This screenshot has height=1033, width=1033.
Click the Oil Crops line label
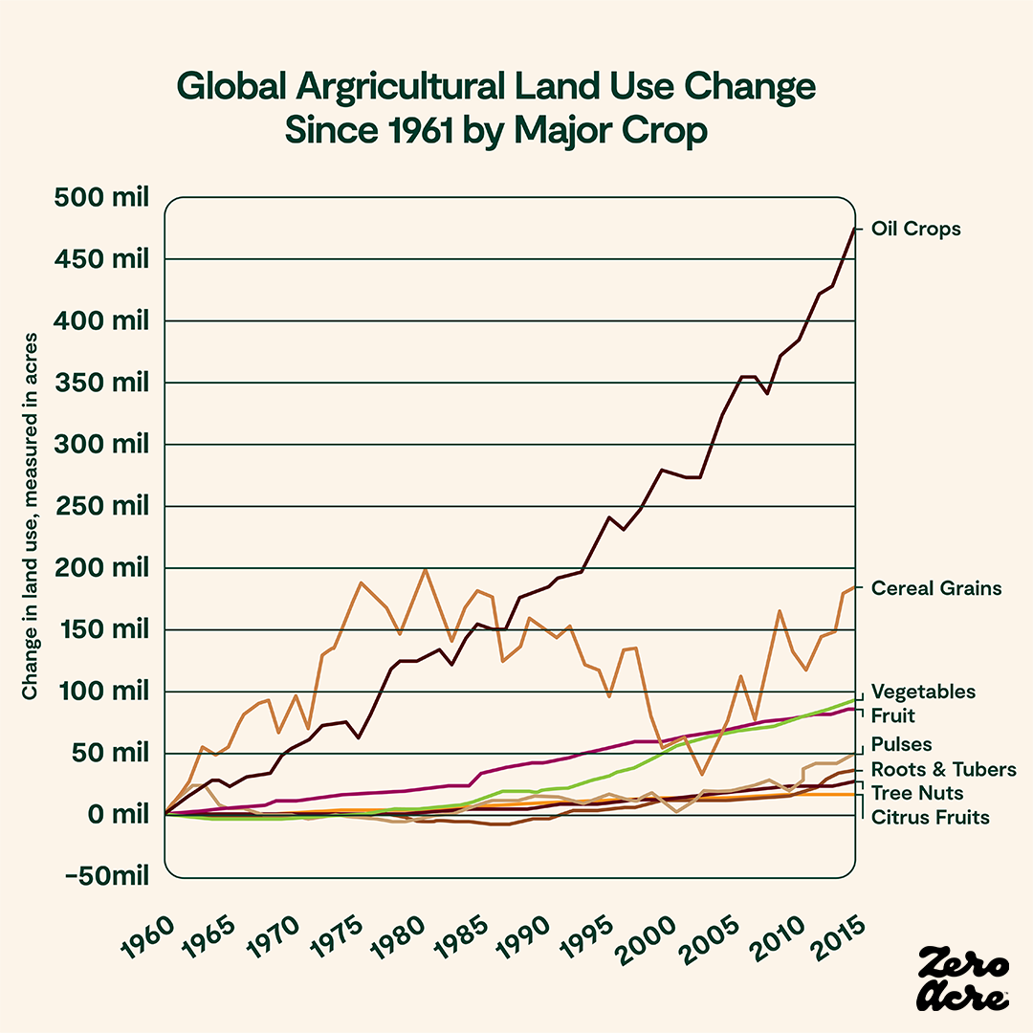coord(915,230)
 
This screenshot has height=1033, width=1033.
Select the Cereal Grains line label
coord(936,588)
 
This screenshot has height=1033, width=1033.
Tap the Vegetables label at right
coord(923,692)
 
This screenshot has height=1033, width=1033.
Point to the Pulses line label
coord(901,744)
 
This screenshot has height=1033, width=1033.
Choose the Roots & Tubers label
coord(931,770)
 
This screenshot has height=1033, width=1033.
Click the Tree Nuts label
coord(917,793)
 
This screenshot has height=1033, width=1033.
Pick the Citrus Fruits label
coord(930,818)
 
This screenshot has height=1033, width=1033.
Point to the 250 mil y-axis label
coord(102,506)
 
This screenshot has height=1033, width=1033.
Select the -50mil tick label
coord(103,877)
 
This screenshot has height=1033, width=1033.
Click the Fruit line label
coord(893,715)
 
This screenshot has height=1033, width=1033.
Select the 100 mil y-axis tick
coord(102,692)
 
